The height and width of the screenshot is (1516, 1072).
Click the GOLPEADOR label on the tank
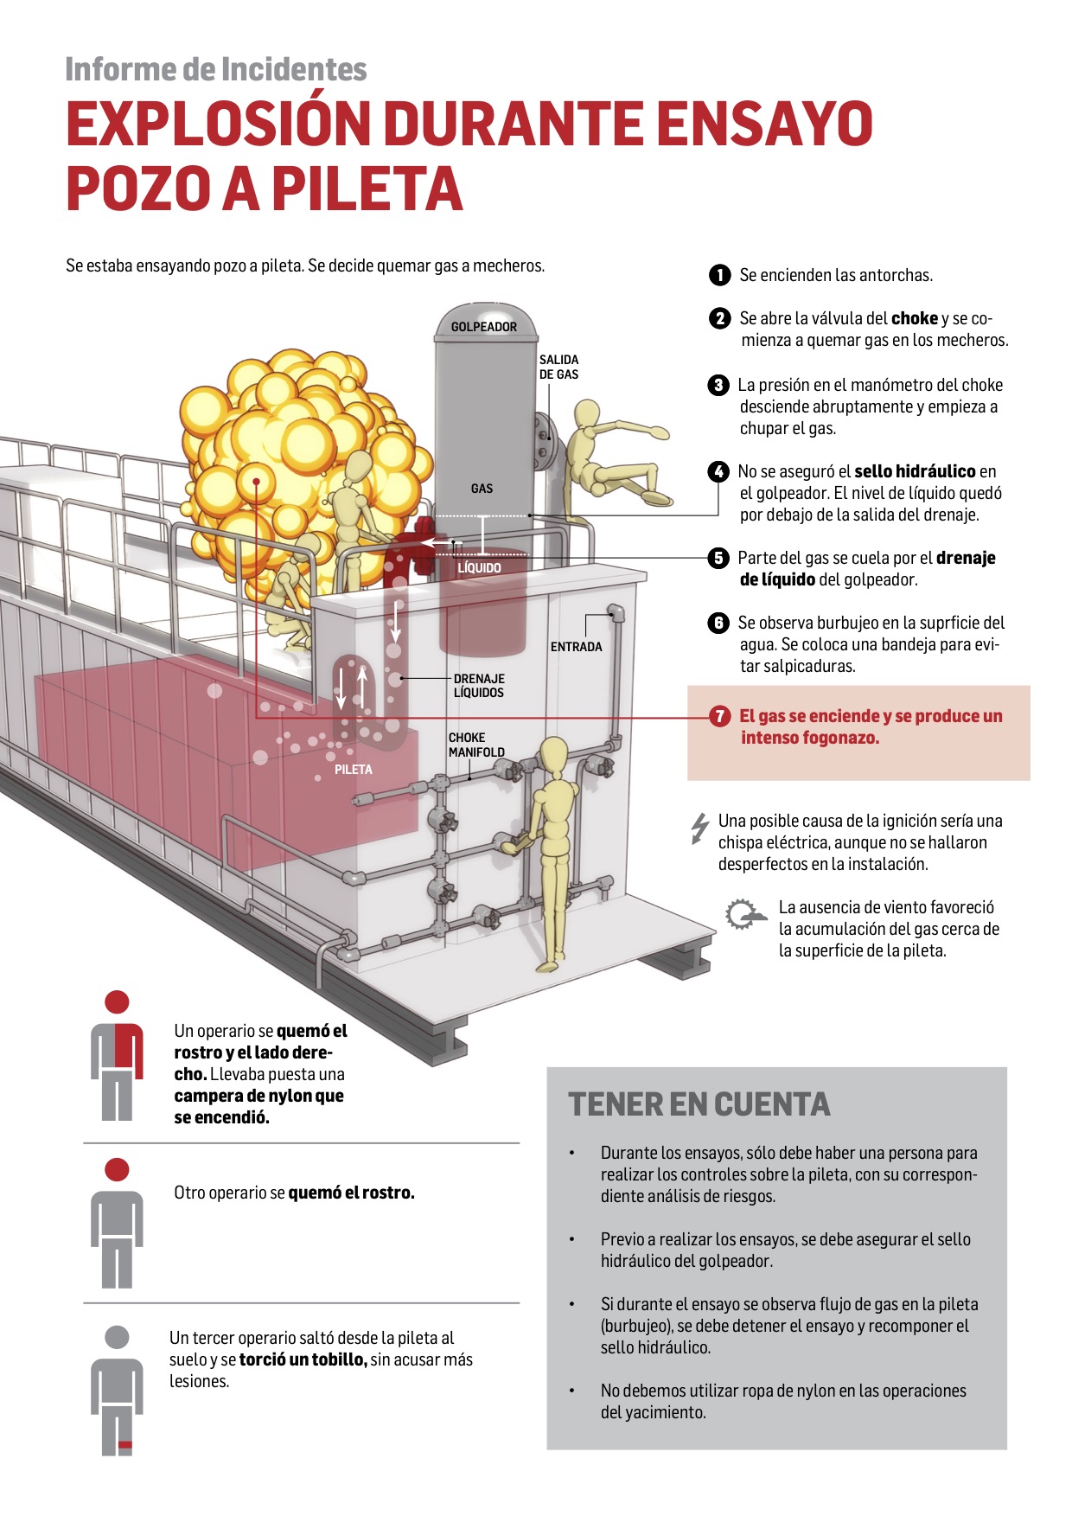pos(483,327)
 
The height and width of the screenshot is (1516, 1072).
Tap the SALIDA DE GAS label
pos(558,367)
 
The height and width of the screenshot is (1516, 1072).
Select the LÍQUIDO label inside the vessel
pos(479,568)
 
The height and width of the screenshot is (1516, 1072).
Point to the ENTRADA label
pos(576,647)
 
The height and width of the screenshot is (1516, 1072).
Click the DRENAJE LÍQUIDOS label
pos(479,686)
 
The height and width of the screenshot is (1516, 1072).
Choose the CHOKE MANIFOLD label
pos(476,745)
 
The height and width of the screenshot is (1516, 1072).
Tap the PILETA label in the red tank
pos(354,770)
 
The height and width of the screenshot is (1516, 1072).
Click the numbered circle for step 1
pos(719,275)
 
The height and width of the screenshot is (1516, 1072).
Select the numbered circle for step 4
pos(718,471)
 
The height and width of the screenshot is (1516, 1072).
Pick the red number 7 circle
pos(719,716)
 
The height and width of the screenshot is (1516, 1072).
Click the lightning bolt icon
pos(699,828)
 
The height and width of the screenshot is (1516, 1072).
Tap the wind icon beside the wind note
pos(743,914)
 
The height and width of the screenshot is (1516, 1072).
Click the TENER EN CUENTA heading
pos(699,1104)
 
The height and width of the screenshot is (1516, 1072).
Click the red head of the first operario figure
pos(117,1002)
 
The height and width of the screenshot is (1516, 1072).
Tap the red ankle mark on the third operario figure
pos(124,1445)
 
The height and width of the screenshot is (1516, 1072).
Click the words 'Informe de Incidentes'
pos(216,69)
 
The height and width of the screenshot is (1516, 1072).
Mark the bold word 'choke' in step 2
pos(914,318)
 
